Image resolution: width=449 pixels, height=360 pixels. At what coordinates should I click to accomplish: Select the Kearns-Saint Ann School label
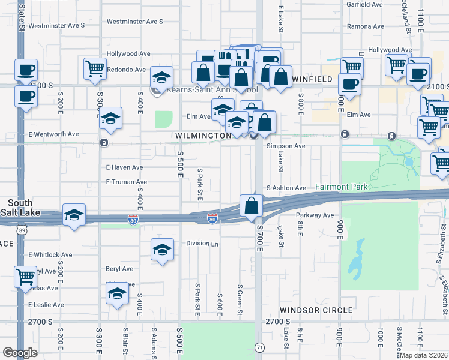tap(207, 90)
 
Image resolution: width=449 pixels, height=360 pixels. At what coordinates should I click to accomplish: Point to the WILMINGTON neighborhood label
tap(203, 136)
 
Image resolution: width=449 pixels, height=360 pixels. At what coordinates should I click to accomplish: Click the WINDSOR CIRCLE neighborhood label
tap(316, 310)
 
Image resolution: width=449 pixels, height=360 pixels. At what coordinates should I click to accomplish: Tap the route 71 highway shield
tap(259, 347)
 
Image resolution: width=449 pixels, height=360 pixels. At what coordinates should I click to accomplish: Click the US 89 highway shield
tap(23, 230)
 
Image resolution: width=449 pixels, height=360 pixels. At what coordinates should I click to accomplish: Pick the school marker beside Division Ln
tap(161, 249)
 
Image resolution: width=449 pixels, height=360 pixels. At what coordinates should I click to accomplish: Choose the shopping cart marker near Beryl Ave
tap(25, 277)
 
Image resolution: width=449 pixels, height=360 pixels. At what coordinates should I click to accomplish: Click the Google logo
tap(20, 353)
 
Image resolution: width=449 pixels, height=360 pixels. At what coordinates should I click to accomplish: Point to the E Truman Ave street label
tap(127, 182)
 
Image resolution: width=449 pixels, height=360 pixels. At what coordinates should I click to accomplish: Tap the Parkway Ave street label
tap(315, 215)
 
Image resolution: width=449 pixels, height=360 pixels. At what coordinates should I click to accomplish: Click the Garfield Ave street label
tap(364, 4)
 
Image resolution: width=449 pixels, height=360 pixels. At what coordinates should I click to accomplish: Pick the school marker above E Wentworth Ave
tap(111, 118)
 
